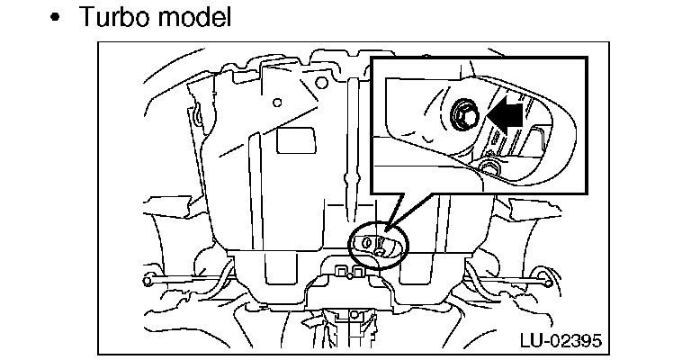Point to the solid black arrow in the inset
pyautogui.click(x=506, y=115)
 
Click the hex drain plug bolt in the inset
pyautogui.click(x=465, y=114)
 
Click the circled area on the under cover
pyautogui.click(x=378, y=244)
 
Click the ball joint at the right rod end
pyautogui.click(x=544, y=275)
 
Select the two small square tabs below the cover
pyautogui.click(x=351, y=270)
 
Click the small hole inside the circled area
pyautogui.click(x=368, y=242)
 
